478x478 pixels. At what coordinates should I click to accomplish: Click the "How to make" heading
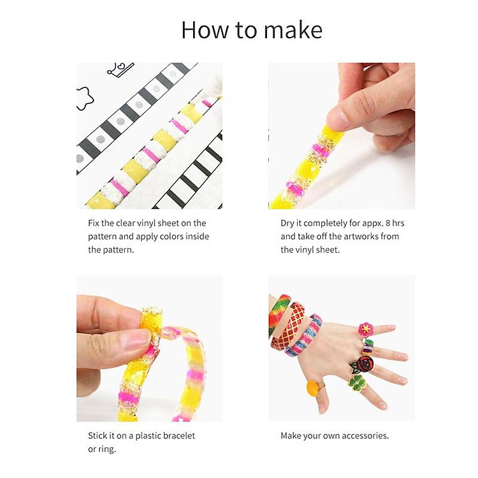(252, 30)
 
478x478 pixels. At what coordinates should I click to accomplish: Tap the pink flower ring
(365, 330)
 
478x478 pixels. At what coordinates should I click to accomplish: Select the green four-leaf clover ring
(358, 380)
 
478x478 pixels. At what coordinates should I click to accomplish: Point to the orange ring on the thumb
(313, 388)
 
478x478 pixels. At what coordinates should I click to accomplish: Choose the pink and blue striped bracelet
(305, 336)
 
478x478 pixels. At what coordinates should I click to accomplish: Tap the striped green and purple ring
(367, 345)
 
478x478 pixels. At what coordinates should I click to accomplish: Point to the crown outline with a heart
(120, 68)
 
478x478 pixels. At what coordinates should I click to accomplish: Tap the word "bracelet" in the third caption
(177, 436)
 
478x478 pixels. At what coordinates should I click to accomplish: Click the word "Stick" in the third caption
(99, 436)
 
